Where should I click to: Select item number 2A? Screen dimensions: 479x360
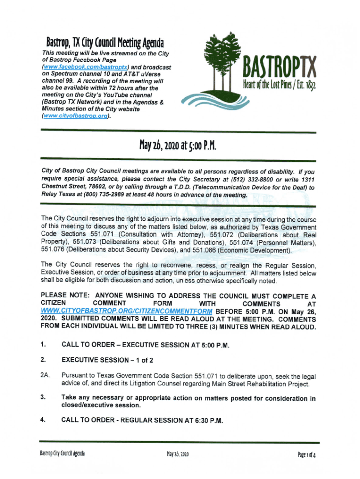45,376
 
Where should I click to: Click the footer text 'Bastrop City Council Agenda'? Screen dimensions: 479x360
62,454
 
